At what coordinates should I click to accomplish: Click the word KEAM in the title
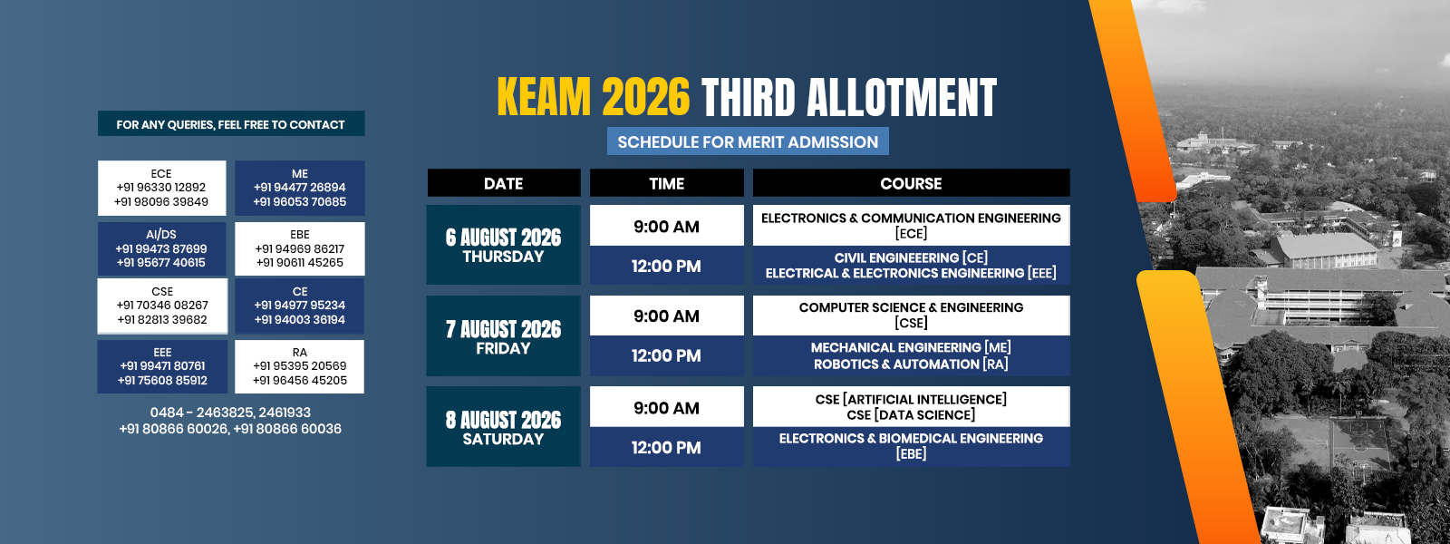[544, 98]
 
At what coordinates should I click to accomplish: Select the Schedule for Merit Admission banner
[748, 141]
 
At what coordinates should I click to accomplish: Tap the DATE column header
[504, 183]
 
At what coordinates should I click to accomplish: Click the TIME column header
[667, 183]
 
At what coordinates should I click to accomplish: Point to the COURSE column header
[911, 183]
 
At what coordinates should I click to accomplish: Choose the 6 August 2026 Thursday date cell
[504, 245]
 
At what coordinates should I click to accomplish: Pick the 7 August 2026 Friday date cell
[504, 336]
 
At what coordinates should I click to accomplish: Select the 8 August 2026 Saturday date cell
[504, 427]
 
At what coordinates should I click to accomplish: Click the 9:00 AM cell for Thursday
[667, 226]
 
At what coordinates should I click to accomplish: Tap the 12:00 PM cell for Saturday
[667, 447]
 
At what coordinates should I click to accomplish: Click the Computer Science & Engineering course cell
[911, 316]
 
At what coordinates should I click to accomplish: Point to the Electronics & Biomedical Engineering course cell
[911, 447]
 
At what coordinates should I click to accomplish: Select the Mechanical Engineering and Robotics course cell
[911, 355]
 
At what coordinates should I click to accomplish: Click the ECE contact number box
[162, 188]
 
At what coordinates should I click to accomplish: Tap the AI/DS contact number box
[162, 248]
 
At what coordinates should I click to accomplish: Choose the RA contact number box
[299, 366]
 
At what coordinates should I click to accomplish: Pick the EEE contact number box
[162, 366]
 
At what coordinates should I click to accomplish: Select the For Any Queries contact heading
[231, 123]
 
